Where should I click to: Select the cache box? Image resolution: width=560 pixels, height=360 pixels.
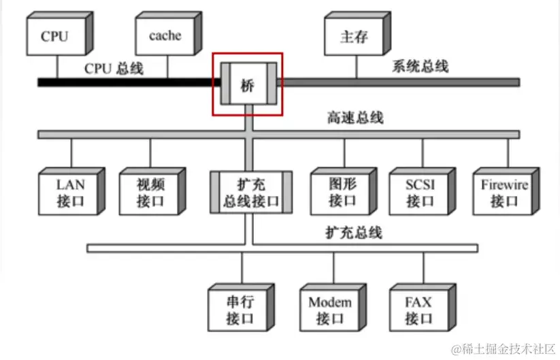click(x=164, y=36)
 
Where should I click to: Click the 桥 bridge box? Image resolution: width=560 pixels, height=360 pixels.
click(x=247, y=84)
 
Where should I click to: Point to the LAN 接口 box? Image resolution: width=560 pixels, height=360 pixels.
click(x=69, y=193)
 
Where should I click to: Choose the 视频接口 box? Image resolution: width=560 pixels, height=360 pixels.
click(x=150, y=193)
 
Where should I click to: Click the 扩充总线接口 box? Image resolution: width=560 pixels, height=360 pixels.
click(x=251, y=193)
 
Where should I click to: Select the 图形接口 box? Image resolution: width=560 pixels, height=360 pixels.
click(x=342, y=193)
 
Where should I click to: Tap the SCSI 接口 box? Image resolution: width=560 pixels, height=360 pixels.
click(x=421, y=193)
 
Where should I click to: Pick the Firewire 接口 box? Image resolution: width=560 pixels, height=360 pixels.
click(x=504, y=193)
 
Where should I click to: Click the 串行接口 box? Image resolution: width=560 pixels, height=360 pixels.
click(x=240, y=310)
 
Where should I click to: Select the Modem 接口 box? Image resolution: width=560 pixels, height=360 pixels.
click(x=330, y=310)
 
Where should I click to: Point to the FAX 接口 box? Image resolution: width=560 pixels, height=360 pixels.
click(x=418, y=310)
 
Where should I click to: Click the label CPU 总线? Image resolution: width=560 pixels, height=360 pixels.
click(x=114, y=69)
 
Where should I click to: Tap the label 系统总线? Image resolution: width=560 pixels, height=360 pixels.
click(x=420, y=67)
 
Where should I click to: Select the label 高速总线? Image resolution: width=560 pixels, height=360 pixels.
click(x=355, y=118)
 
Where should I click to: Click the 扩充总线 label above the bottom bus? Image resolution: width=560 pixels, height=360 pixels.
click(x=353, y=233)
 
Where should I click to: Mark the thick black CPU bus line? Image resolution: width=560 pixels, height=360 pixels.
click(x=122, y=82)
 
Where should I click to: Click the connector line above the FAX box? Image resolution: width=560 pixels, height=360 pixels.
click(x=423, y=269)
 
